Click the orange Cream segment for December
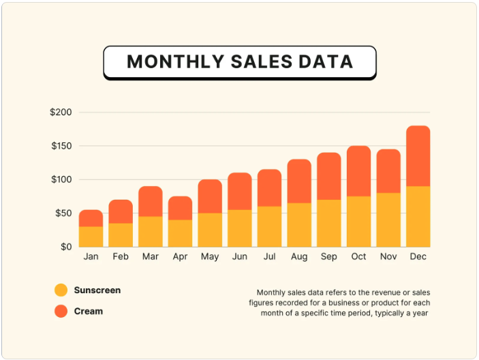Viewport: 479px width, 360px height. pos(418,156)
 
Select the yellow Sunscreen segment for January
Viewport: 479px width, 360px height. pos(91,237)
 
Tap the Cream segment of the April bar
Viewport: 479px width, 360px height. pos(180,208)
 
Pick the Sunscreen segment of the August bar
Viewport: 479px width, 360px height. pos(299,225)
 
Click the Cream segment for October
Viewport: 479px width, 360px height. pos(358,171)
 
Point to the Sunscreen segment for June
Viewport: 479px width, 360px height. pos(240,228)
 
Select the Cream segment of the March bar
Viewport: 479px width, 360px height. pos(151,201)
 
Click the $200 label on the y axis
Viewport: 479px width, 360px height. pos(61,112)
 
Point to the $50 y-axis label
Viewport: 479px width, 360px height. pos(63,213)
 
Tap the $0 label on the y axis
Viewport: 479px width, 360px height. pos(66,247)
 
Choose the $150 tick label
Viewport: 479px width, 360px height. pos(61,146)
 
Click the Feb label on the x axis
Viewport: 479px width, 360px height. pos(121,256)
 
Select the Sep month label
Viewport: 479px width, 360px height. pos(328,256)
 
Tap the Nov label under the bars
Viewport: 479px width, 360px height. pos(388,256)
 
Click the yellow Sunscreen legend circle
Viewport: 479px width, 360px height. pos(61,290)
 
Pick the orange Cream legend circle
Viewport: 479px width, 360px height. pos(61,311)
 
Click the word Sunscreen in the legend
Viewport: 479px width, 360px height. pos(97,290)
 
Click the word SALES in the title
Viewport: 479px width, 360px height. pos(262,61)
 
